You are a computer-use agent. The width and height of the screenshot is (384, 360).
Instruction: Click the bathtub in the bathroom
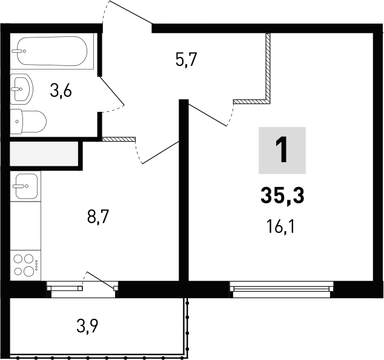[53, 52]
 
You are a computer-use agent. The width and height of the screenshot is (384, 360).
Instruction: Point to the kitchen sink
[25, 186]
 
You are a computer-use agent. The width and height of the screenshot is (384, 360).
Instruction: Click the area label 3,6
[61, 92]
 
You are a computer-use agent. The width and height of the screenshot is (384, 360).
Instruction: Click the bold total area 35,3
[282, 195]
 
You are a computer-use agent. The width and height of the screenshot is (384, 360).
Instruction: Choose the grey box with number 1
[282, 151]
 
